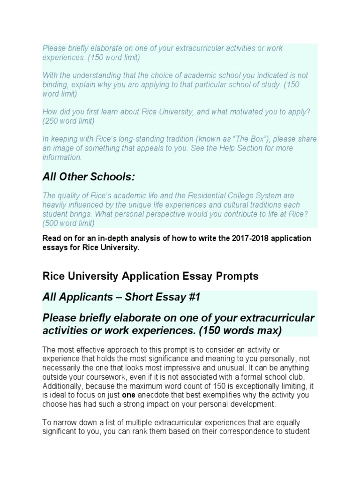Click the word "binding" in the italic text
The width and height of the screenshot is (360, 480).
point(54,84)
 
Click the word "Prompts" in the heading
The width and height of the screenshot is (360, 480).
point(236,277)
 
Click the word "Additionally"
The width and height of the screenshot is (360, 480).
point(63,386)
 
